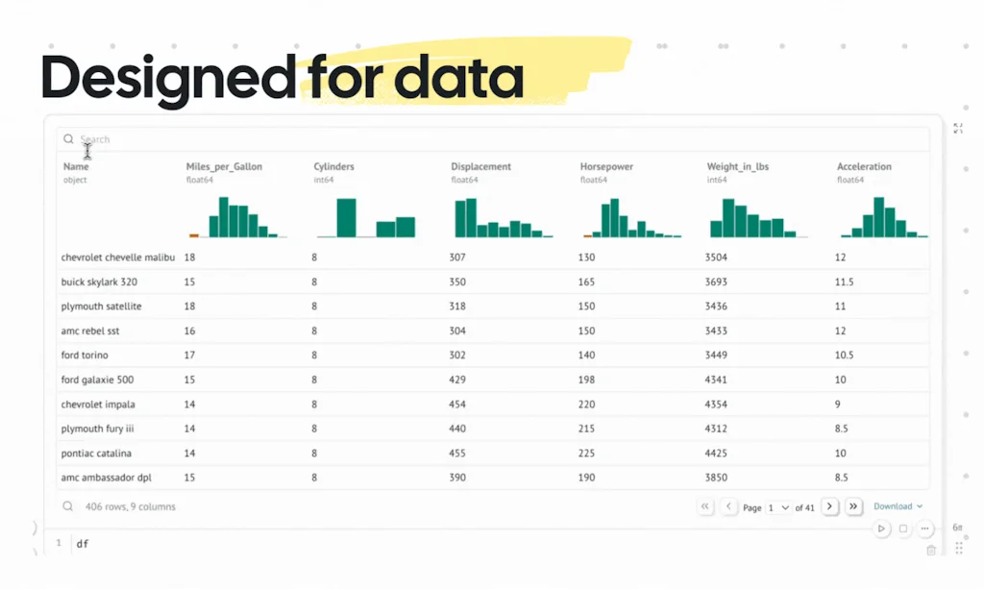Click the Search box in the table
(x=480, y=139)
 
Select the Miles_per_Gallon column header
(x=224, y=167)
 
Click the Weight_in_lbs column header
(x=737, y=167)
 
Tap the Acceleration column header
(x=864, y=167)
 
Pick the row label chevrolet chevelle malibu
(x=118, y=258)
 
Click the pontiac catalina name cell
(x=96, y=454)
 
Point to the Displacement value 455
(x=457, y=454)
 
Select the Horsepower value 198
(x=587, y=380)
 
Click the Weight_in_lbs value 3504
(x=716, y=258)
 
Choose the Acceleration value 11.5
(x=844, y=282)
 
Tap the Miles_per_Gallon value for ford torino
(x=190, y=356)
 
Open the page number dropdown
(x=778, y=507)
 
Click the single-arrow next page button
(x=829, y=506)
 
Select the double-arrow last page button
(x=853, y=506)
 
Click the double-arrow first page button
(x=705, y=506)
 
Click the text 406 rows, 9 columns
(x=130, y=506)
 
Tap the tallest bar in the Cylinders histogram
(x=346, y=218)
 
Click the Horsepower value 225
(x=587, y=454)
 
